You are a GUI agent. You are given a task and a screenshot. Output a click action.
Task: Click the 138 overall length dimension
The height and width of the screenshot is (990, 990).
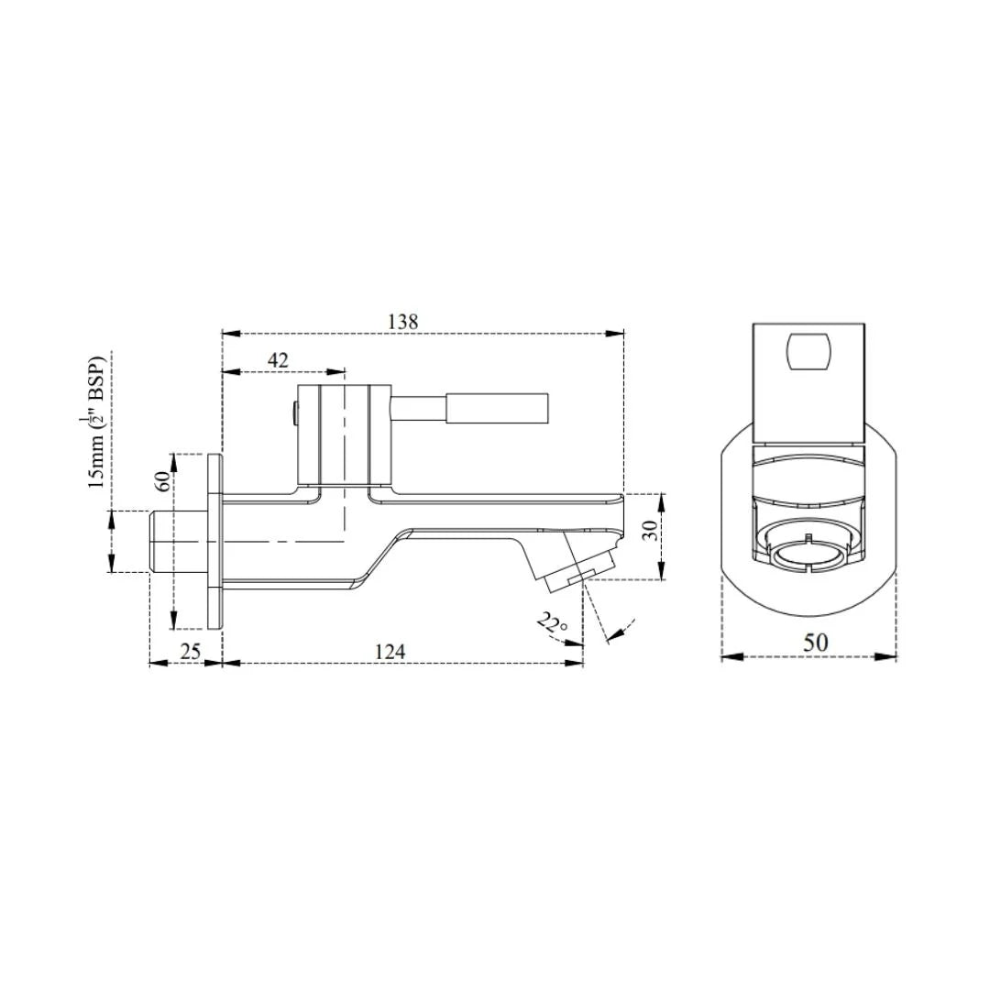[402, 322]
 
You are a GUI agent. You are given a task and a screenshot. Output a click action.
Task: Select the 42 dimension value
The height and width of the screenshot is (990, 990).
[278, 360]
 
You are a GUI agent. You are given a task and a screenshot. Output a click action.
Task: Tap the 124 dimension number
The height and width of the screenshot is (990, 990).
[390, 652]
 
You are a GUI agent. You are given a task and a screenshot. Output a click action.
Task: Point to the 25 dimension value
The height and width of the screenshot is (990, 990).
[190, 652]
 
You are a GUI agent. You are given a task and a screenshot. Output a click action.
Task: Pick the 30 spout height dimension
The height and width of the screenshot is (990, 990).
[650, 531]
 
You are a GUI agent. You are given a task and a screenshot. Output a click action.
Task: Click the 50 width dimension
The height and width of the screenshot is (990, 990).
[815, 643]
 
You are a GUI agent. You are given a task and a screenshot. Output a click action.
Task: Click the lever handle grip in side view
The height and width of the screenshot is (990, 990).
[498, 409]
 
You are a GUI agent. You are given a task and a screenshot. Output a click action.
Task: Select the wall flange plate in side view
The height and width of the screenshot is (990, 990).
[214, 542]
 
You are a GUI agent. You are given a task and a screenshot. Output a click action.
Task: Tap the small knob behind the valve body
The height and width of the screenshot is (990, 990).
[293, 416]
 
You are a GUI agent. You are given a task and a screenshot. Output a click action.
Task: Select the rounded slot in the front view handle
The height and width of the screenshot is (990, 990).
[808, 352]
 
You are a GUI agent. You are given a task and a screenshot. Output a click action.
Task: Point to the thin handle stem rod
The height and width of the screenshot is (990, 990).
[419, 409]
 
